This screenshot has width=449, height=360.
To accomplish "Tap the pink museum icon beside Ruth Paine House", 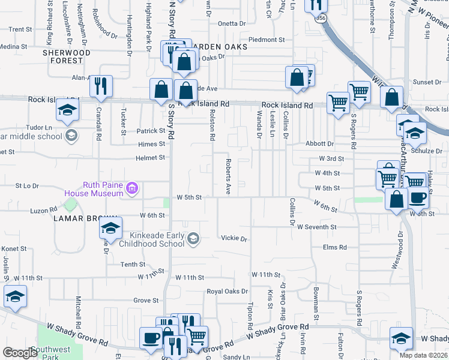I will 132,190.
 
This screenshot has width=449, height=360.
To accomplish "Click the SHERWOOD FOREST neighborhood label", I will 66,56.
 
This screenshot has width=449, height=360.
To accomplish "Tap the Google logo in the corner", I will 20,353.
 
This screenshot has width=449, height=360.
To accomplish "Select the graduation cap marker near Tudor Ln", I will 67,111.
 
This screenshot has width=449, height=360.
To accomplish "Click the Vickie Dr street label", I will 234,239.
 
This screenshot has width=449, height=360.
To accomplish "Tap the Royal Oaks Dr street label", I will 227,292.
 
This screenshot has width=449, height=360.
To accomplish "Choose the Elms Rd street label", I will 335,247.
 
